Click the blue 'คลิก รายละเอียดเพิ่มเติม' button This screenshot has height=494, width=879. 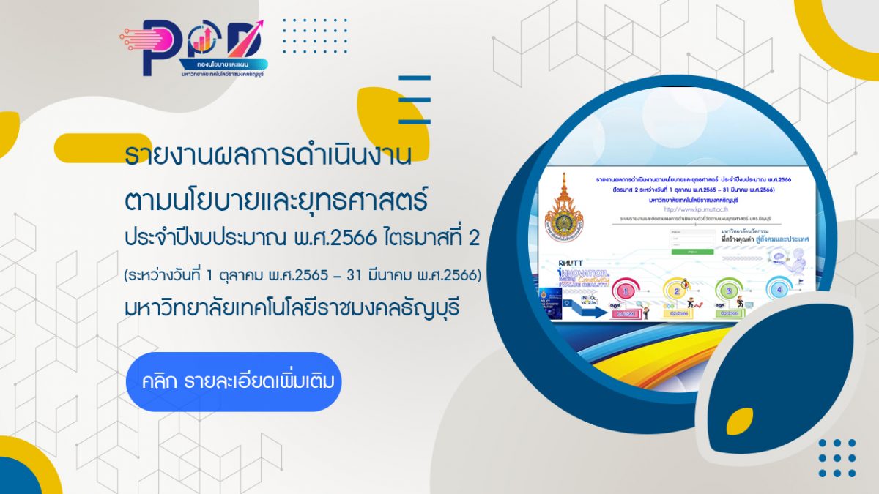[x=234, y=381]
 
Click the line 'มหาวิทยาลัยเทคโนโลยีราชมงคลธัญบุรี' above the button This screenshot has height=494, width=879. [x=292, y=308]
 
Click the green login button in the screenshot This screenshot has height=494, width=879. [x=692, y=251]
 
